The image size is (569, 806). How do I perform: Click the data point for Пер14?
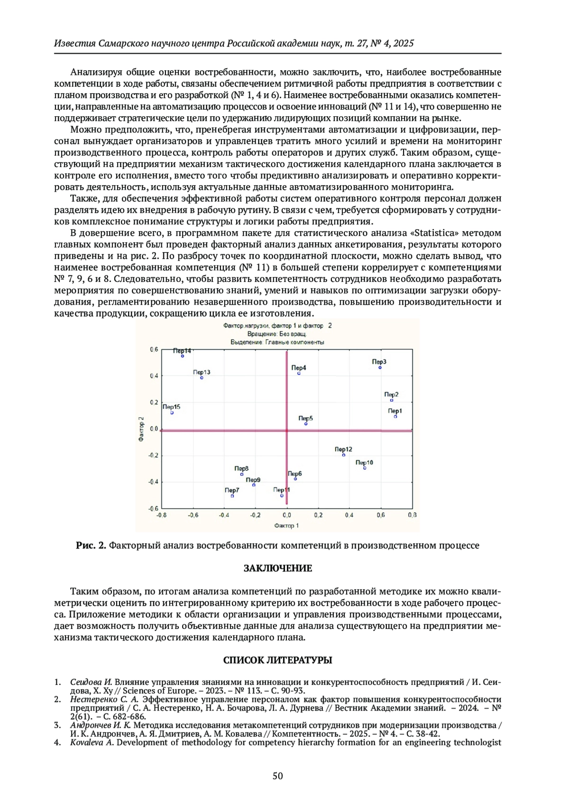[182, 356]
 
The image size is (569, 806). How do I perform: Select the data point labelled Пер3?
[380, 367]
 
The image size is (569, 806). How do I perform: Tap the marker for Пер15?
[172, 412]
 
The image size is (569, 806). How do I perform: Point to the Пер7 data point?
[232, 496]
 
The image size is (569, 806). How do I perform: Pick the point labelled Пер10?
[365, 468]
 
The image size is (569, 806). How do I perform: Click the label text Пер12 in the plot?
[343, 449]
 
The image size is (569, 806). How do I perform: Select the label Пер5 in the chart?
[305, 418]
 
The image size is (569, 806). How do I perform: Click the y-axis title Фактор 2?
[141, 429]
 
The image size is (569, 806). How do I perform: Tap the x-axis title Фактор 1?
[286, 525]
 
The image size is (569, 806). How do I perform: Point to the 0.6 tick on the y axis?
[154, 349]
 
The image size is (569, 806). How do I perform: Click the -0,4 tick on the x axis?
[224, 515]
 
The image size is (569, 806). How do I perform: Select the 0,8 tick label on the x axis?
[412, 515]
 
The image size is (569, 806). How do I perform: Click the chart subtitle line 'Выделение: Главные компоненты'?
[277, 342]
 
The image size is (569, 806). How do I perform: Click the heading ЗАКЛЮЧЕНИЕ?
[278, 568]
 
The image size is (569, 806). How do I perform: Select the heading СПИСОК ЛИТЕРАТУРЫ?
[278, 660]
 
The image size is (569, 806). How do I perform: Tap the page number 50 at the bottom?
[278, 776]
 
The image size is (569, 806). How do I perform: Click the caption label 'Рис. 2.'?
[91, 545]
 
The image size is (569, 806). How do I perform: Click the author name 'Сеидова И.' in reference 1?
[91, 682]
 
